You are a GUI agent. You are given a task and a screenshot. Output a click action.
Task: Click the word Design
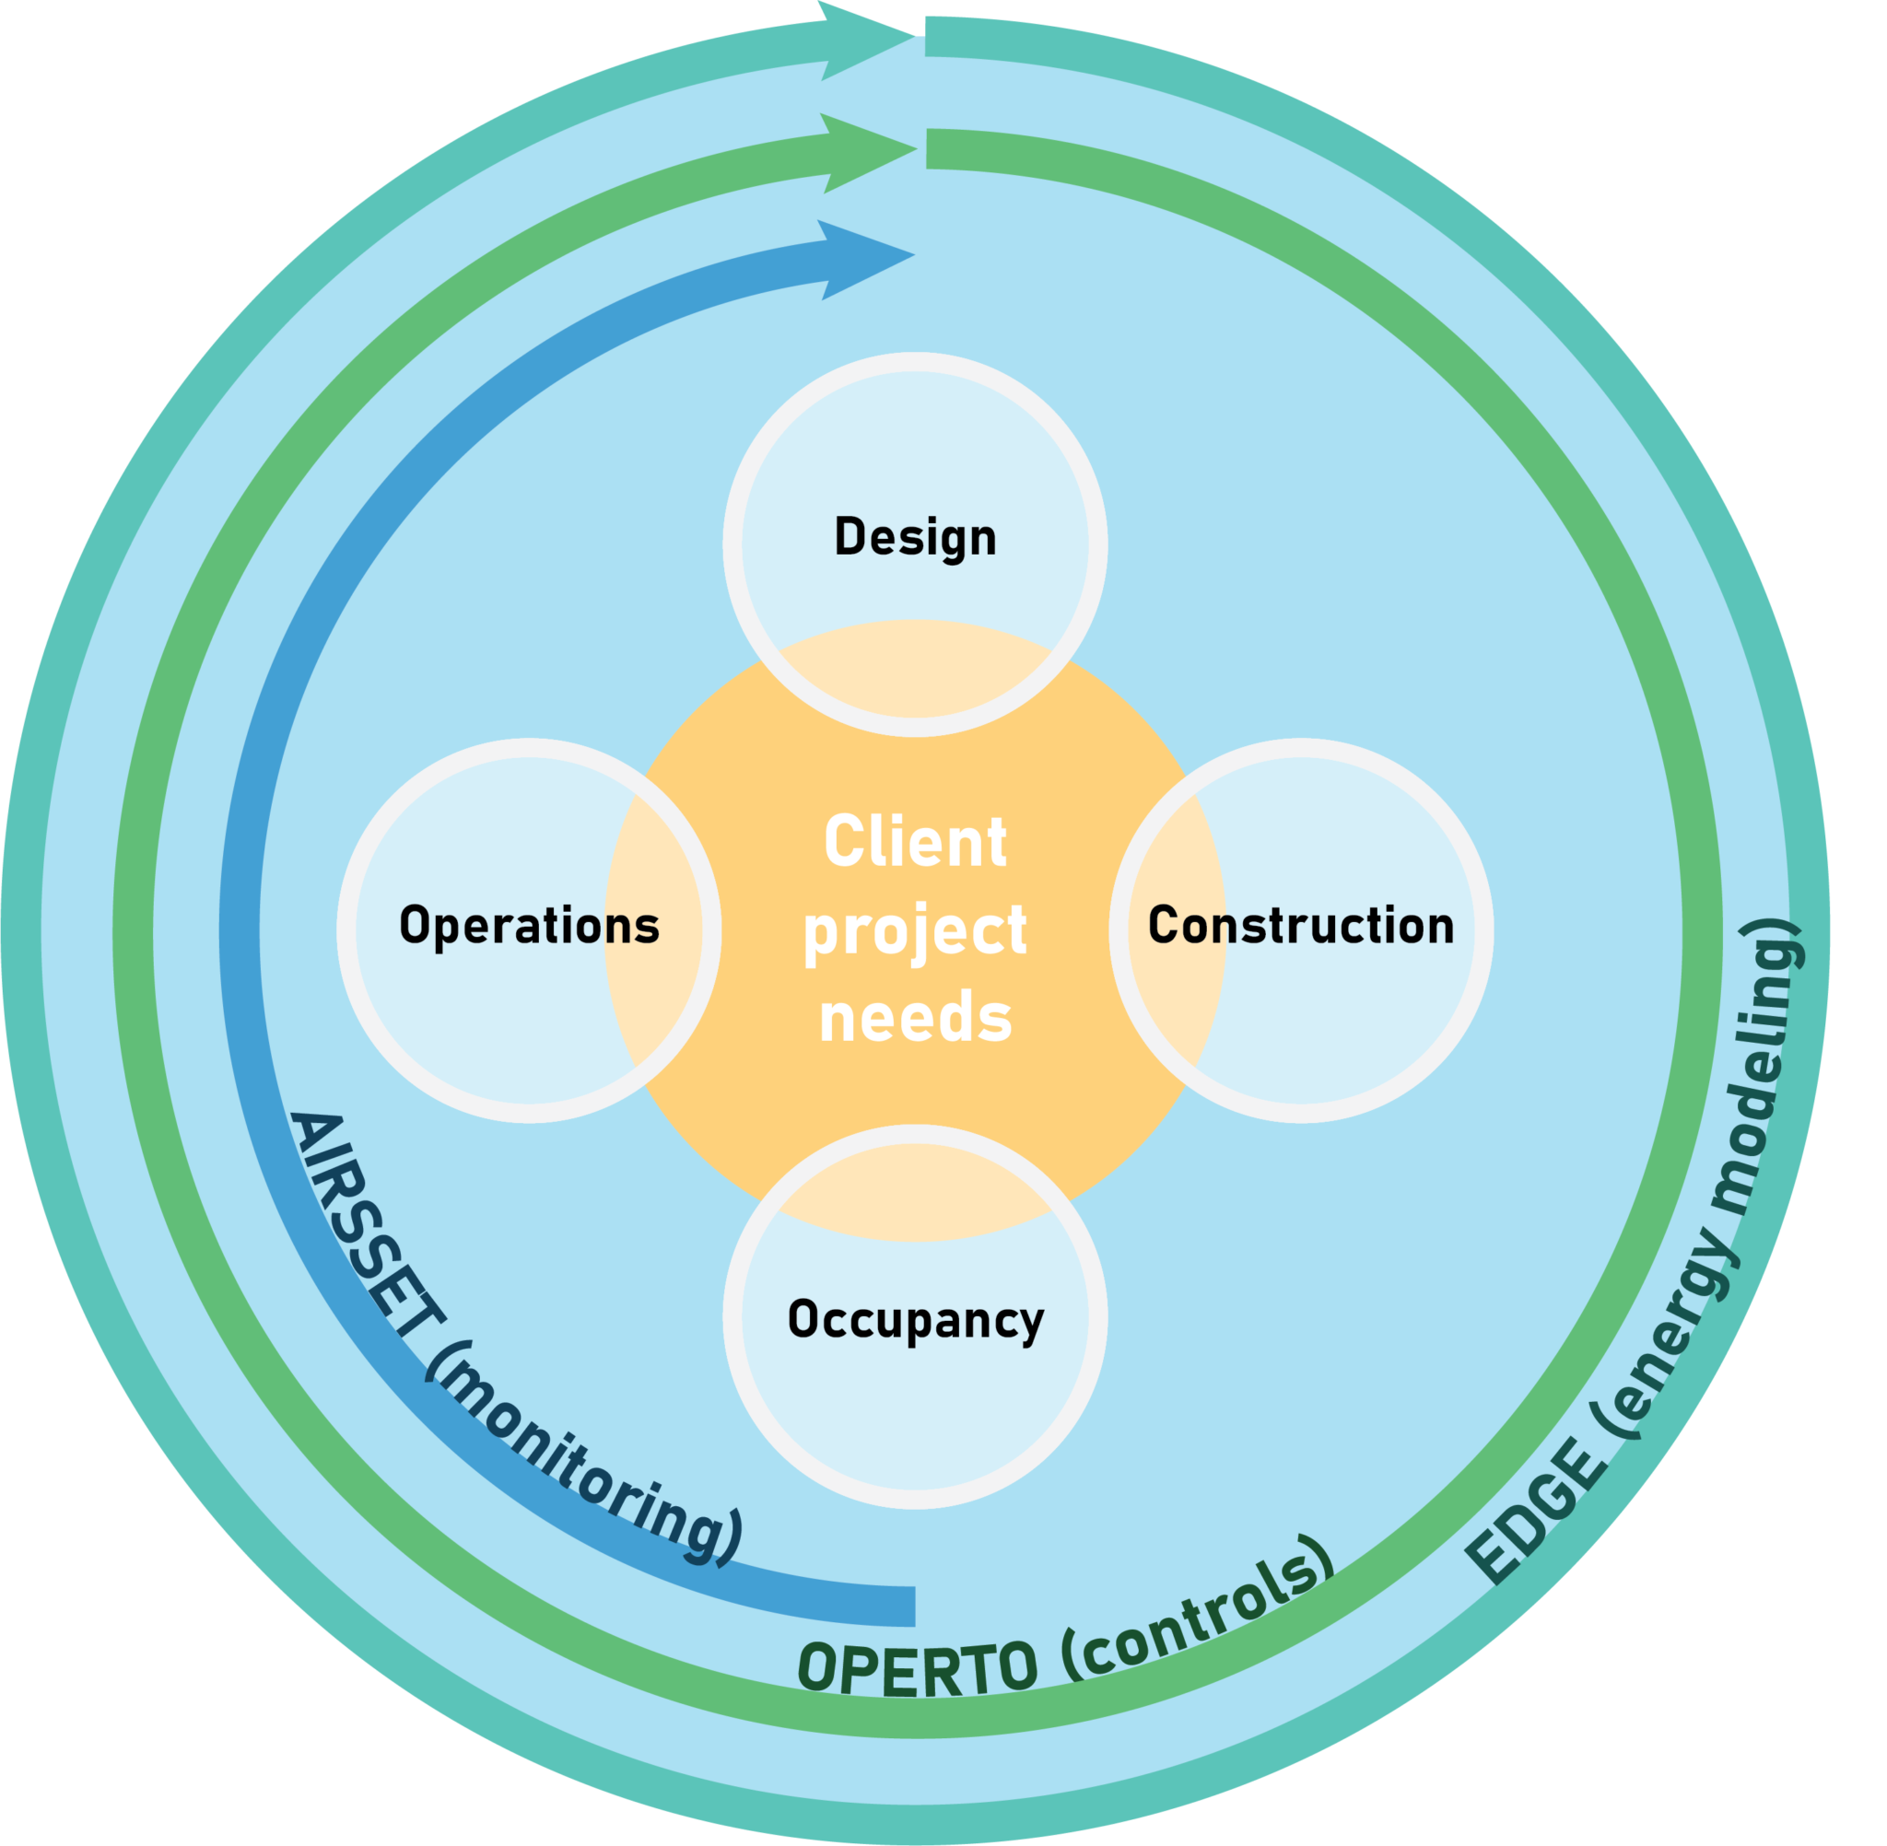point(914,538)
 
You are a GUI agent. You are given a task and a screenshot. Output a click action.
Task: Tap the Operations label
point(530,926)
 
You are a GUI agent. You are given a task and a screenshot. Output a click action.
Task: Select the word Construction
point(1300,926)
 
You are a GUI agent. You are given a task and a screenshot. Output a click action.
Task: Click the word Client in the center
point(914,842)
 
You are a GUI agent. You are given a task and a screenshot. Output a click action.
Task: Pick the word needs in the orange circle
point(914,1018)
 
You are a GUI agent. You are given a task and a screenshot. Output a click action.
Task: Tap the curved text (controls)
point(1202,1609)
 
